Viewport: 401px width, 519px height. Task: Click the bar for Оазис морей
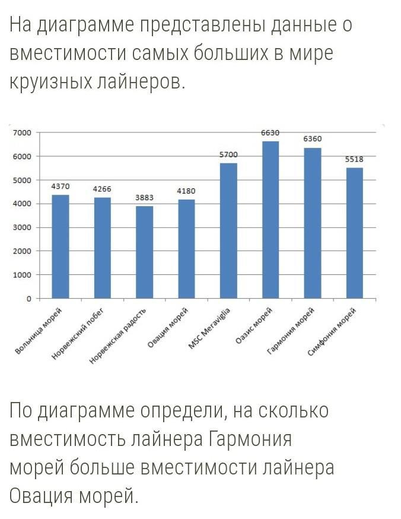click(270, 220)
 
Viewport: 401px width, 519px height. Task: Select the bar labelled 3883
click(144, 252)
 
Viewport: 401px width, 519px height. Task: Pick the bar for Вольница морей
click(61, 246)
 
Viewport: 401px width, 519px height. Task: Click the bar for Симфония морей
click(355, 233)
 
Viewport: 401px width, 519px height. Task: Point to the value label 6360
click(313, 138)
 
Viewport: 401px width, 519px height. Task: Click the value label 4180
click(186, 191)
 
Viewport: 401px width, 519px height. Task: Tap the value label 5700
click(228, 154)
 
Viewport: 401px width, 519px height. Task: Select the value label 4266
click(102, 189)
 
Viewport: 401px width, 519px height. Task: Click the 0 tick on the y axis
click(28, 299)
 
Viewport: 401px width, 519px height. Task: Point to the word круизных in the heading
click(50, 81)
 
